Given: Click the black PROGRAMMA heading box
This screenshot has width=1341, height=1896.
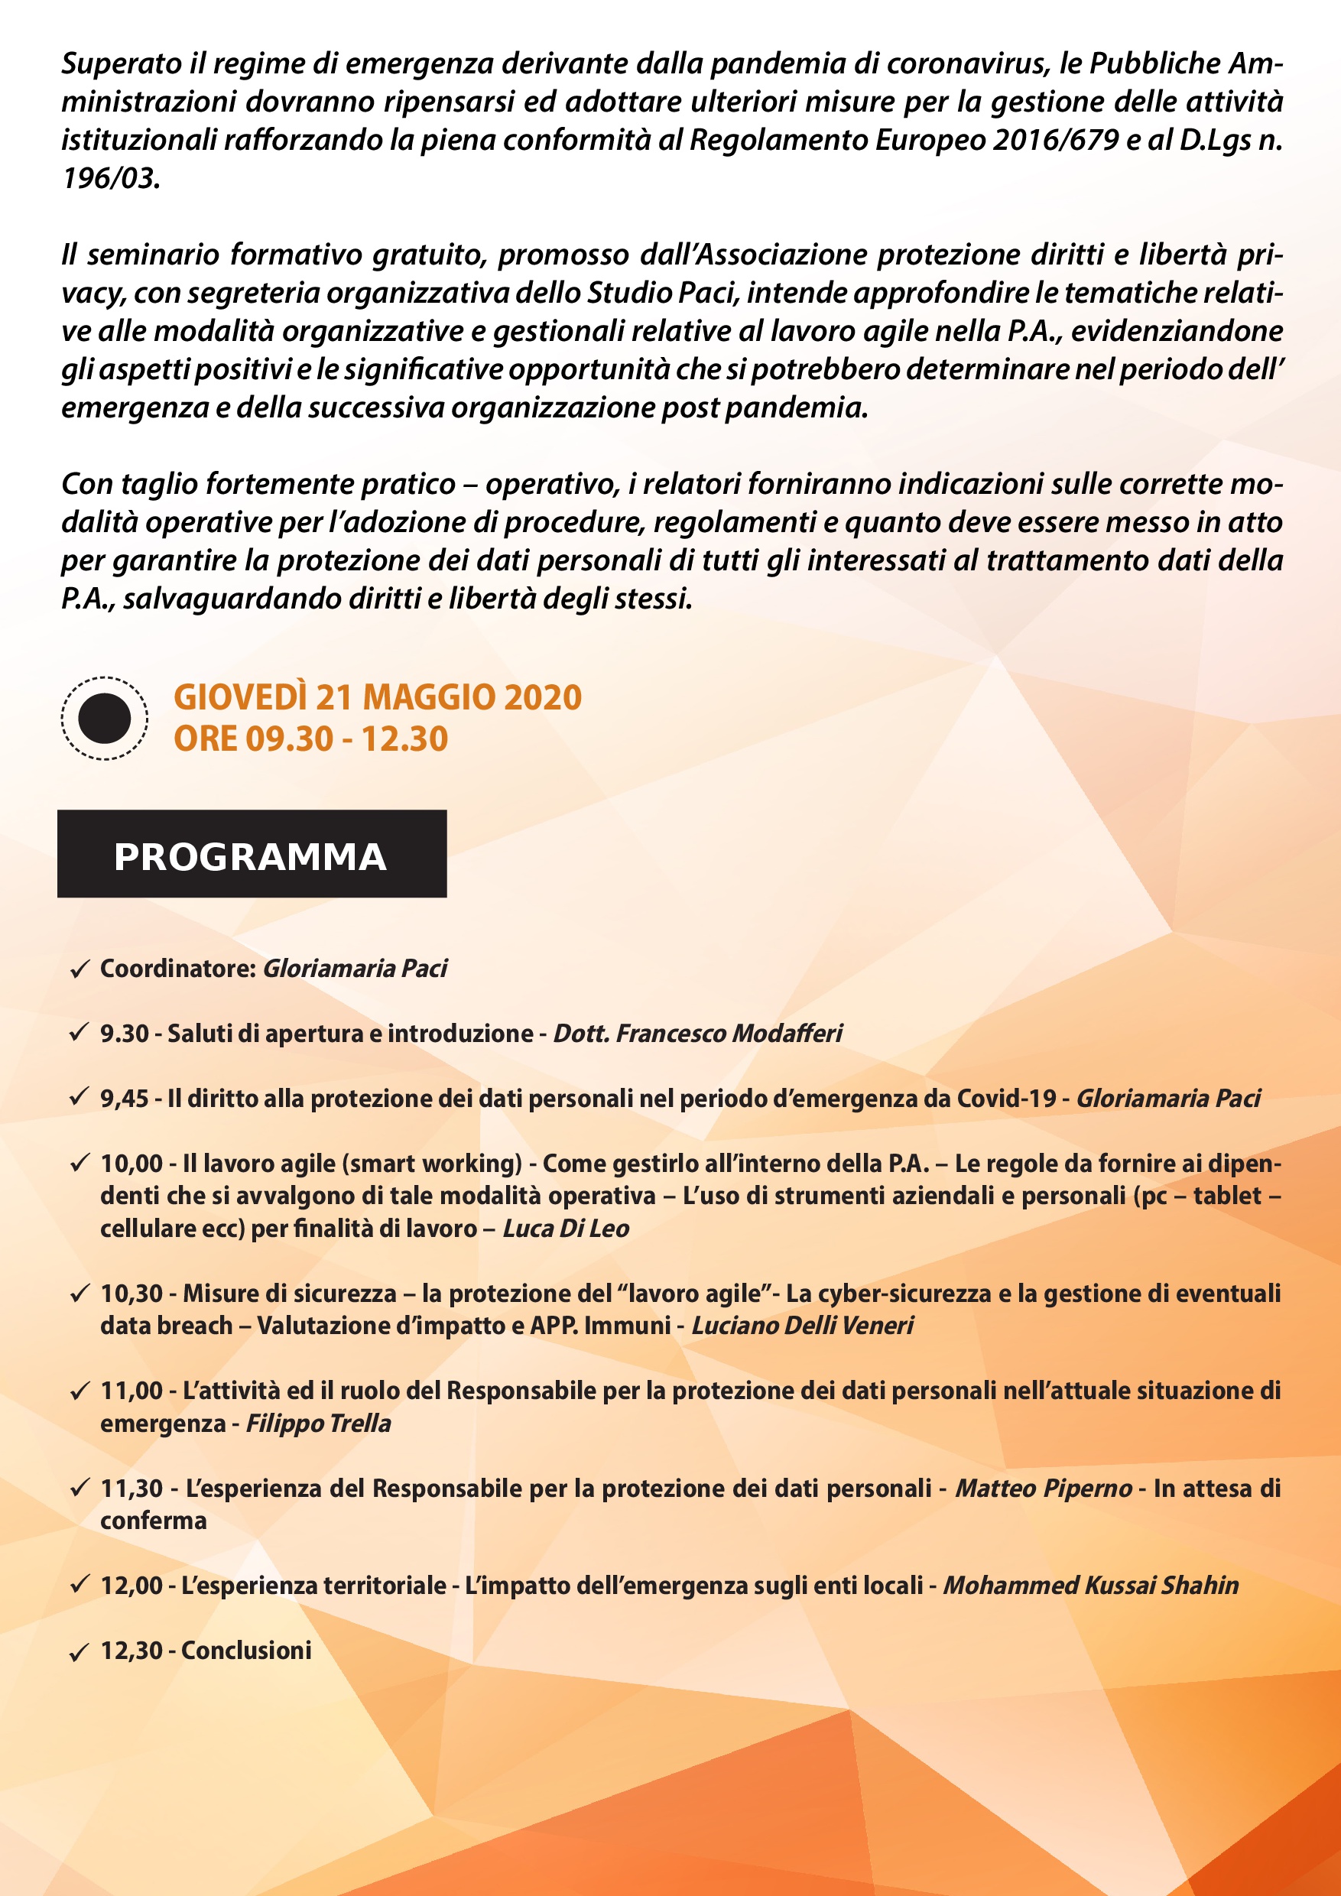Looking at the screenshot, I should pyautogui.click(x=252, y=853).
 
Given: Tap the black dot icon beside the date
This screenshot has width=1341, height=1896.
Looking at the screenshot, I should pyautogui.click(x=104, y=717).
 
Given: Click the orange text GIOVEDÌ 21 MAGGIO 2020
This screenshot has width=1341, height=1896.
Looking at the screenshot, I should pyautogui.click(x=378, y=697).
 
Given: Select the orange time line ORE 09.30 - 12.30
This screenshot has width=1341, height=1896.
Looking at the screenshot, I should pyautogui.click(x=310, y=739).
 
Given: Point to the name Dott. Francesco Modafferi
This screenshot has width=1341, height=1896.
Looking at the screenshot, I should pyautogui.click(x=698, y=1033).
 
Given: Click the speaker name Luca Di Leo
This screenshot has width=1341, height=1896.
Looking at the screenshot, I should pyautogui.click(x=566, y=1228).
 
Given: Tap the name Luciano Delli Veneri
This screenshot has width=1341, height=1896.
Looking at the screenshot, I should pyautogui.click(x=802, y=1326).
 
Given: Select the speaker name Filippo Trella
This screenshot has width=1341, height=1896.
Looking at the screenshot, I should pyautogui.click(x=318, y=1423).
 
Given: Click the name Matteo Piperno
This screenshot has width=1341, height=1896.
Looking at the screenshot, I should pyautogui.click(x=1043, y=1488).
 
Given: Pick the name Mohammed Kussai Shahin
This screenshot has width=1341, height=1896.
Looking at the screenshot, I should pyautogui.click(x=1091, y=1586).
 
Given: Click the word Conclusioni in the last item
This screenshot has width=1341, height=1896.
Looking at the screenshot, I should pyautogui.click(x=246, y=1651).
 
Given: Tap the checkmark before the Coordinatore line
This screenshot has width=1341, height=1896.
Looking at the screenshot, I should pyautogui.click(x=80, y=969).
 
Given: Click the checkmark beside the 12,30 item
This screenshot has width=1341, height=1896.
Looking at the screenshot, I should pyautogui.click(x=80, y=1652).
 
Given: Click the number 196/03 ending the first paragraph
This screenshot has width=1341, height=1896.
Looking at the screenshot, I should pyautogui.click(x=110, y=177).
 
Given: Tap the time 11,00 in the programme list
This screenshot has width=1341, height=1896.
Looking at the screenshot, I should pyautogui.click(x=132, y=1391).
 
